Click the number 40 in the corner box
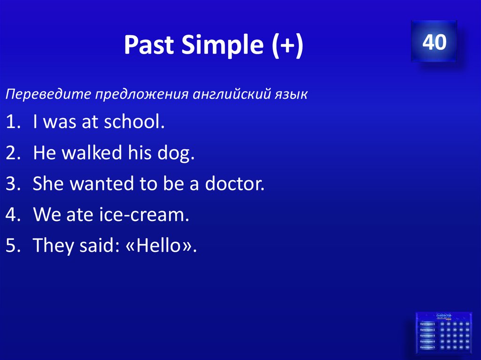click(434, 42)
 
